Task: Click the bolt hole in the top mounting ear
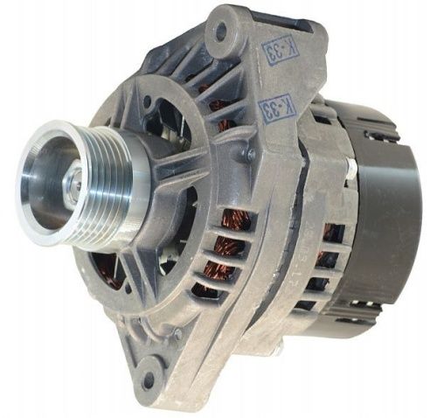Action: click(x=220, y=30)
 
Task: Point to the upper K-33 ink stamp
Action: click(x=278, y=50)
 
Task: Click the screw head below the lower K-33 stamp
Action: click(x=250, y=153)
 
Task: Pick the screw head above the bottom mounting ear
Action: click(x=177, y=334)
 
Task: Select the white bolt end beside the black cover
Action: click(x=351, y=169)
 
